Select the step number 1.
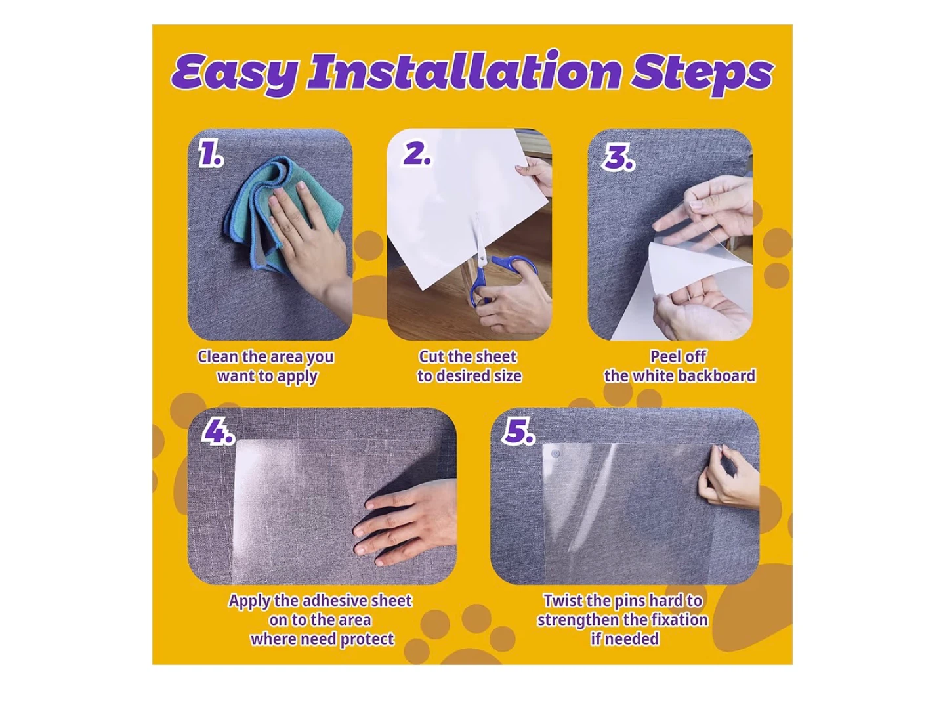tap(211, 155)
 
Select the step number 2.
tap(417, 154)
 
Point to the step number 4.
tap(217, 432)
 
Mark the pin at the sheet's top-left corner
tap(556, 454)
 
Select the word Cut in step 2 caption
tap(431, 357)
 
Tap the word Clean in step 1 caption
tap(217, 357)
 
